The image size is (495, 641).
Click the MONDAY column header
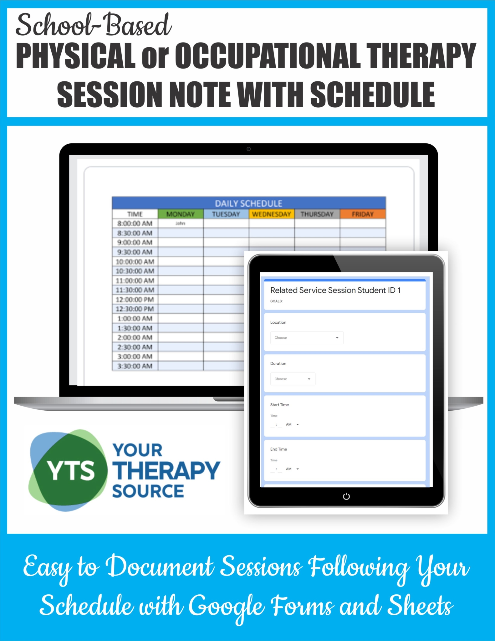[x=181, y=214]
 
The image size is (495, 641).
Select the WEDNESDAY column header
[x=271, y=214]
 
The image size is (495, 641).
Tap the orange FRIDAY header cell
[x=363, y=214]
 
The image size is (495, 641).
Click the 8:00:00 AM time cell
[x=135, y=223]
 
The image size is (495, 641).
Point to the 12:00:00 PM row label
[x=135, y=300]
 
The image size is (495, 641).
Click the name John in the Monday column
[x=180, y=223]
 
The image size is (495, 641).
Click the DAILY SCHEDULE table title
[x=248, y=203]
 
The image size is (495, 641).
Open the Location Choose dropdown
[x=307, y=338]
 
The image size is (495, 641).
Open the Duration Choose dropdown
[x=293, y=379]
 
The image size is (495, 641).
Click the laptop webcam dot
[x=248, y=149]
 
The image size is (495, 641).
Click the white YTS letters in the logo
[x=71, y=470]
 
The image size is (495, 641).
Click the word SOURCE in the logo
[x=148, y=491]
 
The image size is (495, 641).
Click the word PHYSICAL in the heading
[x=76, y=56]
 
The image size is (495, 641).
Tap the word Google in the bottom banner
[x=227, y=607]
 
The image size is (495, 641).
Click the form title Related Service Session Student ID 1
[x=335, y=290]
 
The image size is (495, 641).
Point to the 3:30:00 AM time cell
[x=135, y=366]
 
